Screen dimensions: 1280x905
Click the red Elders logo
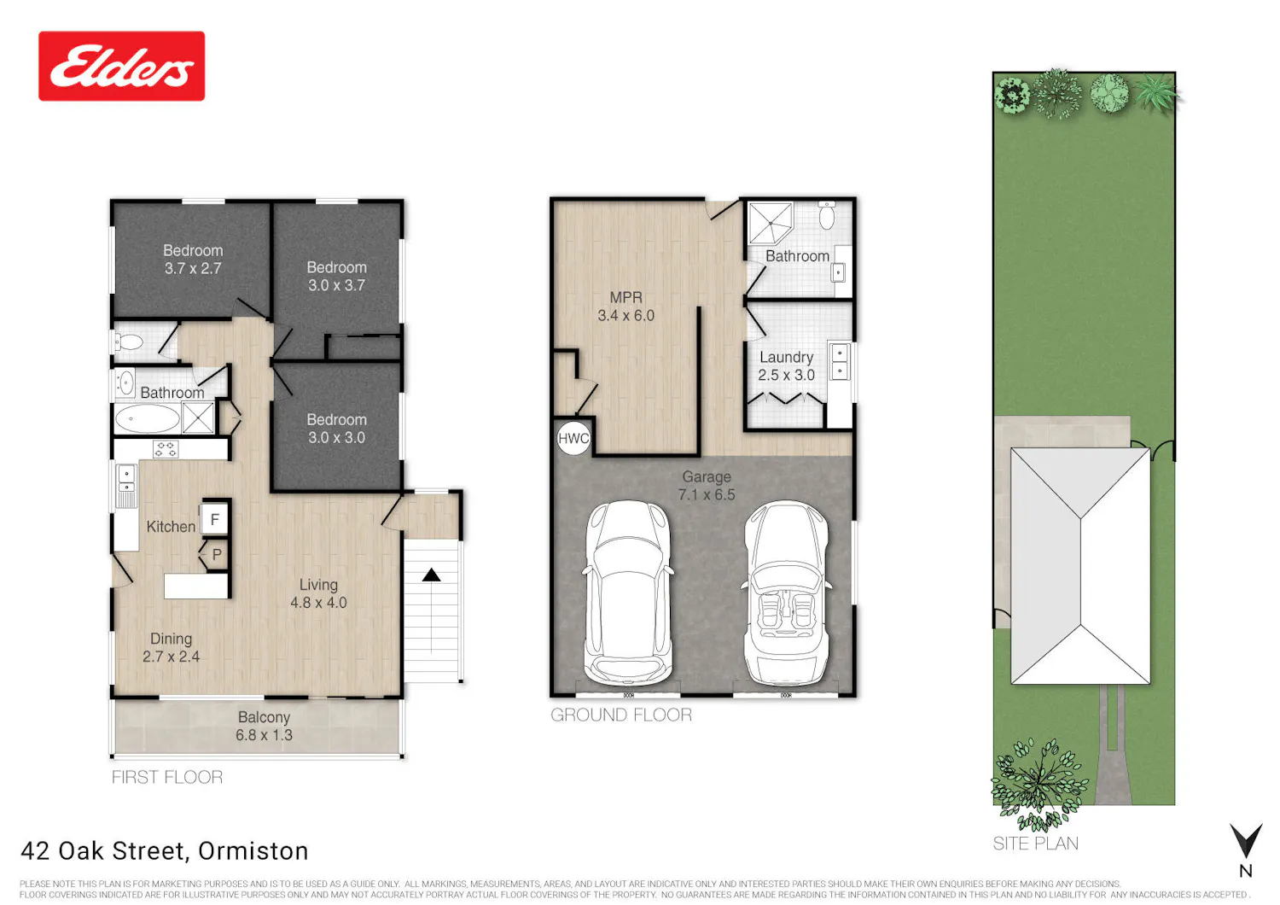[122, 67]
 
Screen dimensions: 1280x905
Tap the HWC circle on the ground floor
[573, 439]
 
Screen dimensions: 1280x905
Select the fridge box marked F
[215, 519]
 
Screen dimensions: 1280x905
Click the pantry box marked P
[217, 554]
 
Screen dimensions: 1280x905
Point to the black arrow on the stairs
[432, 575]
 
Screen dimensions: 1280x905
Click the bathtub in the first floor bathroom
[148, 419]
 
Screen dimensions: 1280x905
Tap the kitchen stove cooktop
[166, 449]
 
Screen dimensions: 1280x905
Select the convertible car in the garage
[786, 594]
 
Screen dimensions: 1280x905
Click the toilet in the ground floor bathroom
[827, 214]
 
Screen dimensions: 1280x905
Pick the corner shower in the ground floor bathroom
[771, 222]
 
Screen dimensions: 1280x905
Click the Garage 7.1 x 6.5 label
[707, 486]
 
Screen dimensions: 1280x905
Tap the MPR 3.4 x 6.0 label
[626, 307]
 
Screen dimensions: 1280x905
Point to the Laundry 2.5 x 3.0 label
[786, 366]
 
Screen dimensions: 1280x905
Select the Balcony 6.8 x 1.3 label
[264, 726]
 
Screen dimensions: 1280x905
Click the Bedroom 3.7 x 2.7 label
[193, 259]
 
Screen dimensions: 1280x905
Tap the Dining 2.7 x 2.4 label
[171, 647]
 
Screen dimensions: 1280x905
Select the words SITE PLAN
[1035, 844]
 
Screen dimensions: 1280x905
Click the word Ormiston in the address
[253, 851]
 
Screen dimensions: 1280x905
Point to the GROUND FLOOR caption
[621, 715]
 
